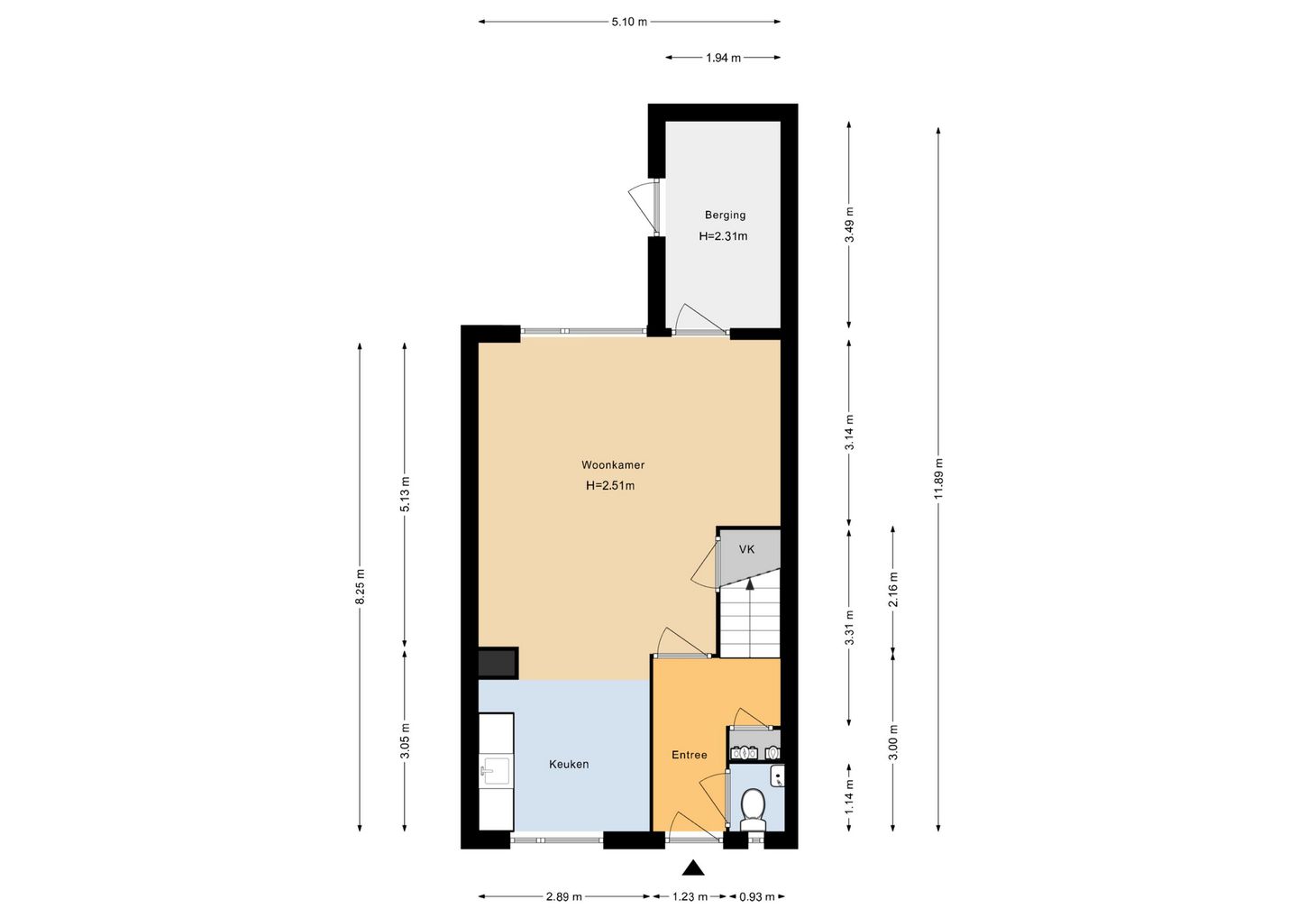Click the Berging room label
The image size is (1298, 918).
pos(725,215)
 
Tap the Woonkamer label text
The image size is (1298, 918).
pos(613,464)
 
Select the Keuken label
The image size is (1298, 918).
pos(569,765)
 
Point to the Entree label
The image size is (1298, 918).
pos(690,755)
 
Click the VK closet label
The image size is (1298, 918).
pos(747,549)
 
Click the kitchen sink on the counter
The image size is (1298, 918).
pos(497,771)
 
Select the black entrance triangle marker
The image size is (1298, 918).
pos(692,868)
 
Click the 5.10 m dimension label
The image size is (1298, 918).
pos(629,22)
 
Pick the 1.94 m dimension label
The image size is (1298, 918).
pos(723,58)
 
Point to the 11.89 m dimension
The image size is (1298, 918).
pos(938,478)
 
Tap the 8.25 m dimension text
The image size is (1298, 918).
pos(360,586)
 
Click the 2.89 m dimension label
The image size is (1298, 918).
pos(564,897)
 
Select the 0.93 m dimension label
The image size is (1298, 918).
pos(756,897)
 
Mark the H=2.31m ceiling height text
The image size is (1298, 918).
pos(723,236)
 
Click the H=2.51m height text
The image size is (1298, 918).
pos(610,486)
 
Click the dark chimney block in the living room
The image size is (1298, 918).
pos(498,663)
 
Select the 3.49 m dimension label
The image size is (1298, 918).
pos(849,225)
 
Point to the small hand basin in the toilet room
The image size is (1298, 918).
pos(778,776)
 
